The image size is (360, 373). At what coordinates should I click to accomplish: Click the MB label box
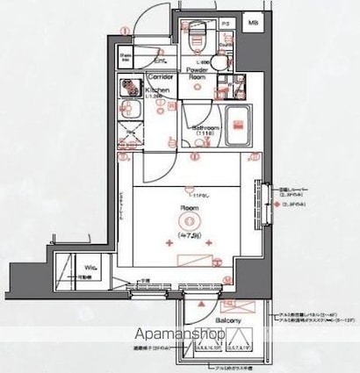click(x=253, y=22)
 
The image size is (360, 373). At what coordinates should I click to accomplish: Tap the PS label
click(x=224, y=22)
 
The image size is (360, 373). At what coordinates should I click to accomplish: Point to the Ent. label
click(x=162, y=61)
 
